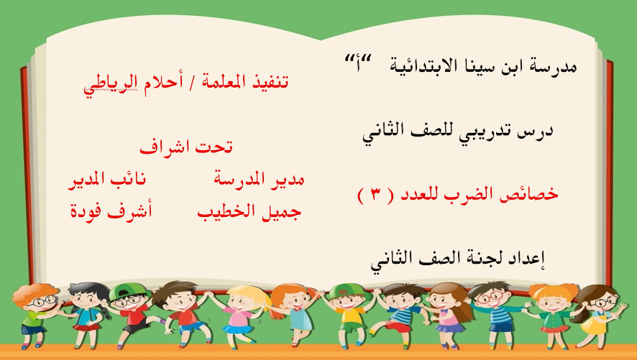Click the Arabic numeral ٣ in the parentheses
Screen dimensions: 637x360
pos(375,195)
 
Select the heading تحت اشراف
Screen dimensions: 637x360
pos(186,147)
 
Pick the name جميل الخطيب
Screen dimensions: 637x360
pos(249,211)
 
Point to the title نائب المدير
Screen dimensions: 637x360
pos(106,179)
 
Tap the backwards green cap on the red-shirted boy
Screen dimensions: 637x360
pos(123,290)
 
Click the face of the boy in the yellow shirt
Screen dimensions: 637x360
pos(347,302)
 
